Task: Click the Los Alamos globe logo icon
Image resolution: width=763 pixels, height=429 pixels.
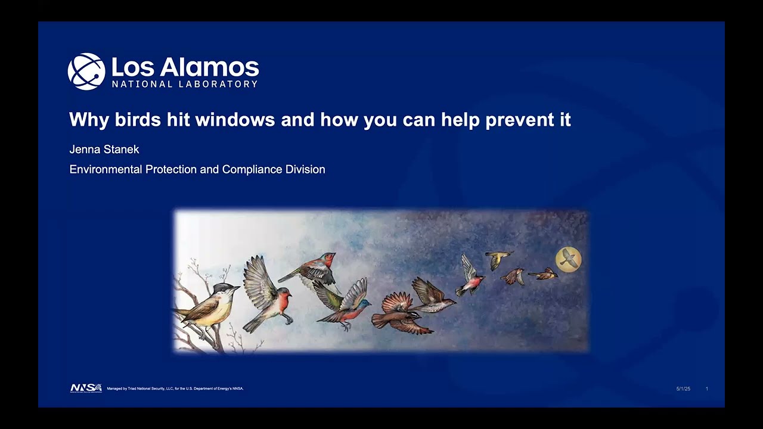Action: [x=86, y=71]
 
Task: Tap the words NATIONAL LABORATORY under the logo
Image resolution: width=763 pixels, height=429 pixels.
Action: [x=185, y=84]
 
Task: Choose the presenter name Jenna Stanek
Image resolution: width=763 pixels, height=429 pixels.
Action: [x=104, y=150]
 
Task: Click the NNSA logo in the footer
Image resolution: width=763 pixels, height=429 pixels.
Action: [x=86, y=388]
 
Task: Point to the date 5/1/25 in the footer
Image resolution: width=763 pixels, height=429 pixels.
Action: [x=683, y=388]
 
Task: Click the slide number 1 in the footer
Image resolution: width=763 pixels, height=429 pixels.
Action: [x=707, y=388]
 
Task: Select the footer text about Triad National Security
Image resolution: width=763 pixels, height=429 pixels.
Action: [x=175, y=388]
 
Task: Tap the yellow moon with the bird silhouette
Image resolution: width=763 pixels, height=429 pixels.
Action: [x=568, y=259]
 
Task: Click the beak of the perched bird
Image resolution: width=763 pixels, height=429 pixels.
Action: [x=238, y=288]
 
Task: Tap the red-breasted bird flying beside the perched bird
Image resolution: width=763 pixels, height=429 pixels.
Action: [x=266, y=292]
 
